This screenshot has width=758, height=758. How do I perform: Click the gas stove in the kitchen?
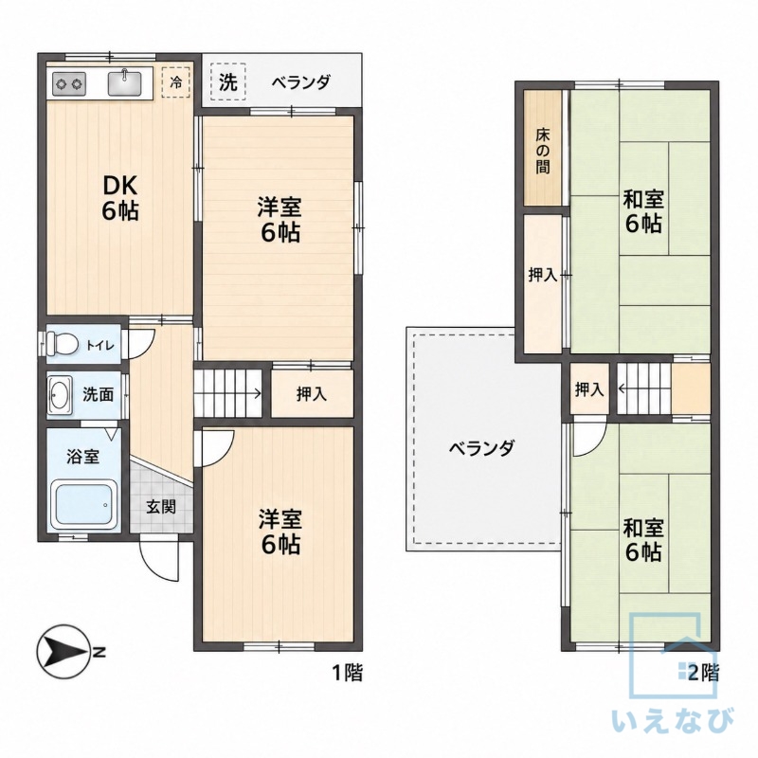tap(69, 84)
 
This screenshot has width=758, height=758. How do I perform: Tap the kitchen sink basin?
tap(125, 82)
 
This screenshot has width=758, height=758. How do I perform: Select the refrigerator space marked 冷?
tap(176, 82)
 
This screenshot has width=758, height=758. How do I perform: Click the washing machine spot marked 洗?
tap(228, 81)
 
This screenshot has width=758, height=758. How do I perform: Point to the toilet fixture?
tap(62, 344)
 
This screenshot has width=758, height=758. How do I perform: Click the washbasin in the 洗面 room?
tap(60, 396)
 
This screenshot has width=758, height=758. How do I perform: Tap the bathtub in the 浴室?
tap(85, 504)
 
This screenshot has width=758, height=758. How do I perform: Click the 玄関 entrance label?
tap(161, 507)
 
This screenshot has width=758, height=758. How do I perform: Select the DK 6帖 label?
tap(120, 197)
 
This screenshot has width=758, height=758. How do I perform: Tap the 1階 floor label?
tap(347, 673)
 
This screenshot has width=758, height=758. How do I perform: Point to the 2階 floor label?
tap(703, 673)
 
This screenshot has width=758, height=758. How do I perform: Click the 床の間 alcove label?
tap(542, 151)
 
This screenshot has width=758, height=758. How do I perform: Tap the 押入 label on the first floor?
tap(312, 394)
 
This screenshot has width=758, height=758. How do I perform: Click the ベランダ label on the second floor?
tap(481, 447)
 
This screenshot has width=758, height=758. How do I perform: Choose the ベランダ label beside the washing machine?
tap(300, 81)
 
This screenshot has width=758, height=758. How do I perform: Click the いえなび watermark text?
tap(673, 721)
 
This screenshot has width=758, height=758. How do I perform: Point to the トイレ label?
tap(100, 345)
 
